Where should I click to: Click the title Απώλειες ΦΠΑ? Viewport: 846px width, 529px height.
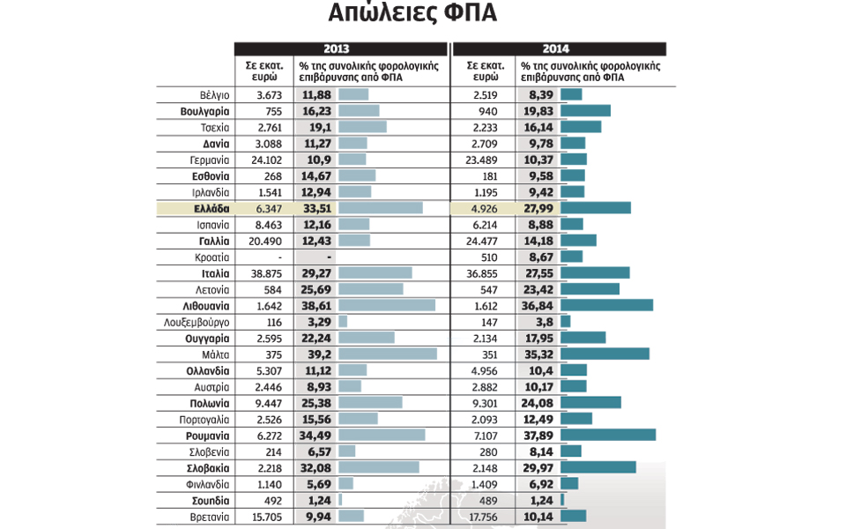[x=412, y=13]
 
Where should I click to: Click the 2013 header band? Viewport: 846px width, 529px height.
[x=341, y=49]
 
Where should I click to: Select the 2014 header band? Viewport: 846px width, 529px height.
[x=559, y=49]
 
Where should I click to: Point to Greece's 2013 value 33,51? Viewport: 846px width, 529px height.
[x=315, y=208]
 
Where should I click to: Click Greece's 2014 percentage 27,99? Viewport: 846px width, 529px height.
[x=537, y=208]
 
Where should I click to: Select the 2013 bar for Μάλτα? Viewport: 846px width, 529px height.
[x=388, y=354]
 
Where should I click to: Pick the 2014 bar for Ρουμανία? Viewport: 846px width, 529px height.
[x=608, y=436]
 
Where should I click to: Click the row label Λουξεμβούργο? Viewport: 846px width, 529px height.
[x=197, y=322]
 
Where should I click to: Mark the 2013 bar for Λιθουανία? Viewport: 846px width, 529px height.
[x=387, y=306]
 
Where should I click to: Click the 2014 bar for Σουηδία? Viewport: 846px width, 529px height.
[x=562, y=500]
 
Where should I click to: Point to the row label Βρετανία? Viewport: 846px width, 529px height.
[x=210, y=517]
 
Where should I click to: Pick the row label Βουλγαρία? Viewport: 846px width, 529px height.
[x=204, y=111]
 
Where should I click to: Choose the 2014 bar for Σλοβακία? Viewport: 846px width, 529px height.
[x=597, y=468]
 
